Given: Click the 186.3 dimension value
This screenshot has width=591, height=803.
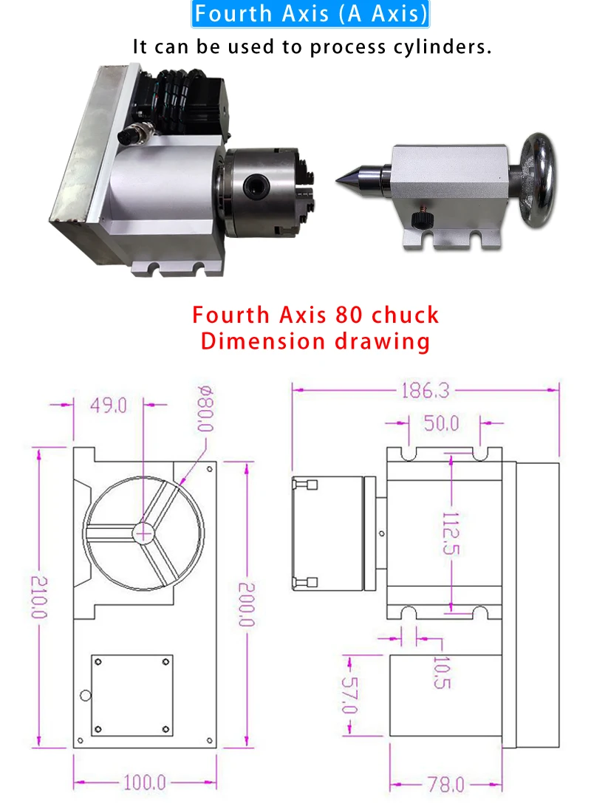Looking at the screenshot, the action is click(425, 391).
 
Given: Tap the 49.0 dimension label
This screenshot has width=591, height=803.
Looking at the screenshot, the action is click(109, 406).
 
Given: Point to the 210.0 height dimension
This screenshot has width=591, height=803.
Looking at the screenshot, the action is click(39, 597).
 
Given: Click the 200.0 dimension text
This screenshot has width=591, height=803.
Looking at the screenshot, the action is click(246, 604).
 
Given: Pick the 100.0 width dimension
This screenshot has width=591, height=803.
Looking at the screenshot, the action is click(145, 782).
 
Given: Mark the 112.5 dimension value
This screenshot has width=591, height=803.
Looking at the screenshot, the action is click(451, 533).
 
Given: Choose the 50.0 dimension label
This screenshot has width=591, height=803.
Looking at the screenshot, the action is click(442, 423).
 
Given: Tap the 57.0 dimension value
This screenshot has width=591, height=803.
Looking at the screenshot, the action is click(349, 695).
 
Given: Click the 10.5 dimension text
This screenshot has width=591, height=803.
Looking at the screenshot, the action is click(442, 672).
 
